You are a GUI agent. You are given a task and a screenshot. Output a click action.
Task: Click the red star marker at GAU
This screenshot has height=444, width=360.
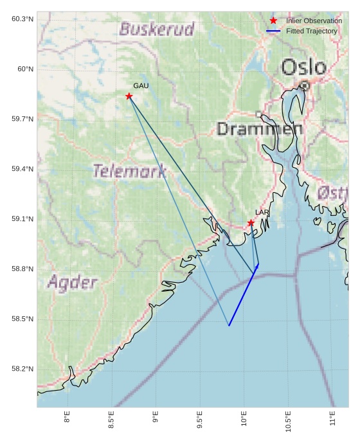tap(129, 96)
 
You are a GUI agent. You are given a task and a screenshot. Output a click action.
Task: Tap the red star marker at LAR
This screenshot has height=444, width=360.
tap(251, 223)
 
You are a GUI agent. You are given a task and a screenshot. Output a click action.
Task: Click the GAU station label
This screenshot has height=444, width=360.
tap(141, 85)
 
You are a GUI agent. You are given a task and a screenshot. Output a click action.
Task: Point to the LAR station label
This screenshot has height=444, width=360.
tap(262, 212)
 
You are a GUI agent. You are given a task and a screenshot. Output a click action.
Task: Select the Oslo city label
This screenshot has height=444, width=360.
tap(303, 67)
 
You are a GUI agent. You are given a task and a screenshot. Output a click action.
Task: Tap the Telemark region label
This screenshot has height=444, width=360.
tap(129, 171)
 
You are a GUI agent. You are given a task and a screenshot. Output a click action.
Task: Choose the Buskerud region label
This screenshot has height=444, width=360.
tap(157, 29)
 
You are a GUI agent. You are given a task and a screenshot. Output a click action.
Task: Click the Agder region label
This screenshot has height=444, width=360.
tap(73, 283)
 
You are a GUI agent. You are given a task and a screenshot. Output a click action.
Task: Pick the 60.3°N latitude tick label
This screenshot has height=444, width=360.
tap(22, 19)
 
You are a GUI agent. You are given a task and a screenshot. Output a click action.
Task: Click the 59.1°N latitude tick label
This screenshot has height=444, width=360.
tap(22, 219)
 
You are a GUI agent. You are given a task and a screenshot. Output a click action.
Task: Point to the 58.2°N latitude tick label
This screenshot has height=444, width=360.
tap(22, 369)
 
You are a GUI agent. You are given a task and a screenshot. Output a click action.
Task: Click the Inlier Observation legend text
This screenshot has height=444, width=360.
tap(314, 21)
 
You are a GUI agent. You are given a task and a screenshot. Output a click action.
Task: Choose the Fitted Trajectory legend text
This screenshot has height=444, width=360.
tap(311, 31)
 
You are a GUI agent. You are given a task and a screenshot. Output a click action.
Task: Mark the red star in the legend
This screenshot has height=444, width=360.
tap(273, 21)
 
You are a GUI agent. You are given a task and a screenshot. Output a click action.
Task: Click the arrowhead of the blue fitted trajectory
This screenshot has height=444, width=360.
tap(258, 264)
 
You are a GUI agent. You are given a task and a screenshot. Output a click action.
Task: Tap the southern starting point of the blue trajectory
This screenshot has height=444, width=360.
tap(229, 326)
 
